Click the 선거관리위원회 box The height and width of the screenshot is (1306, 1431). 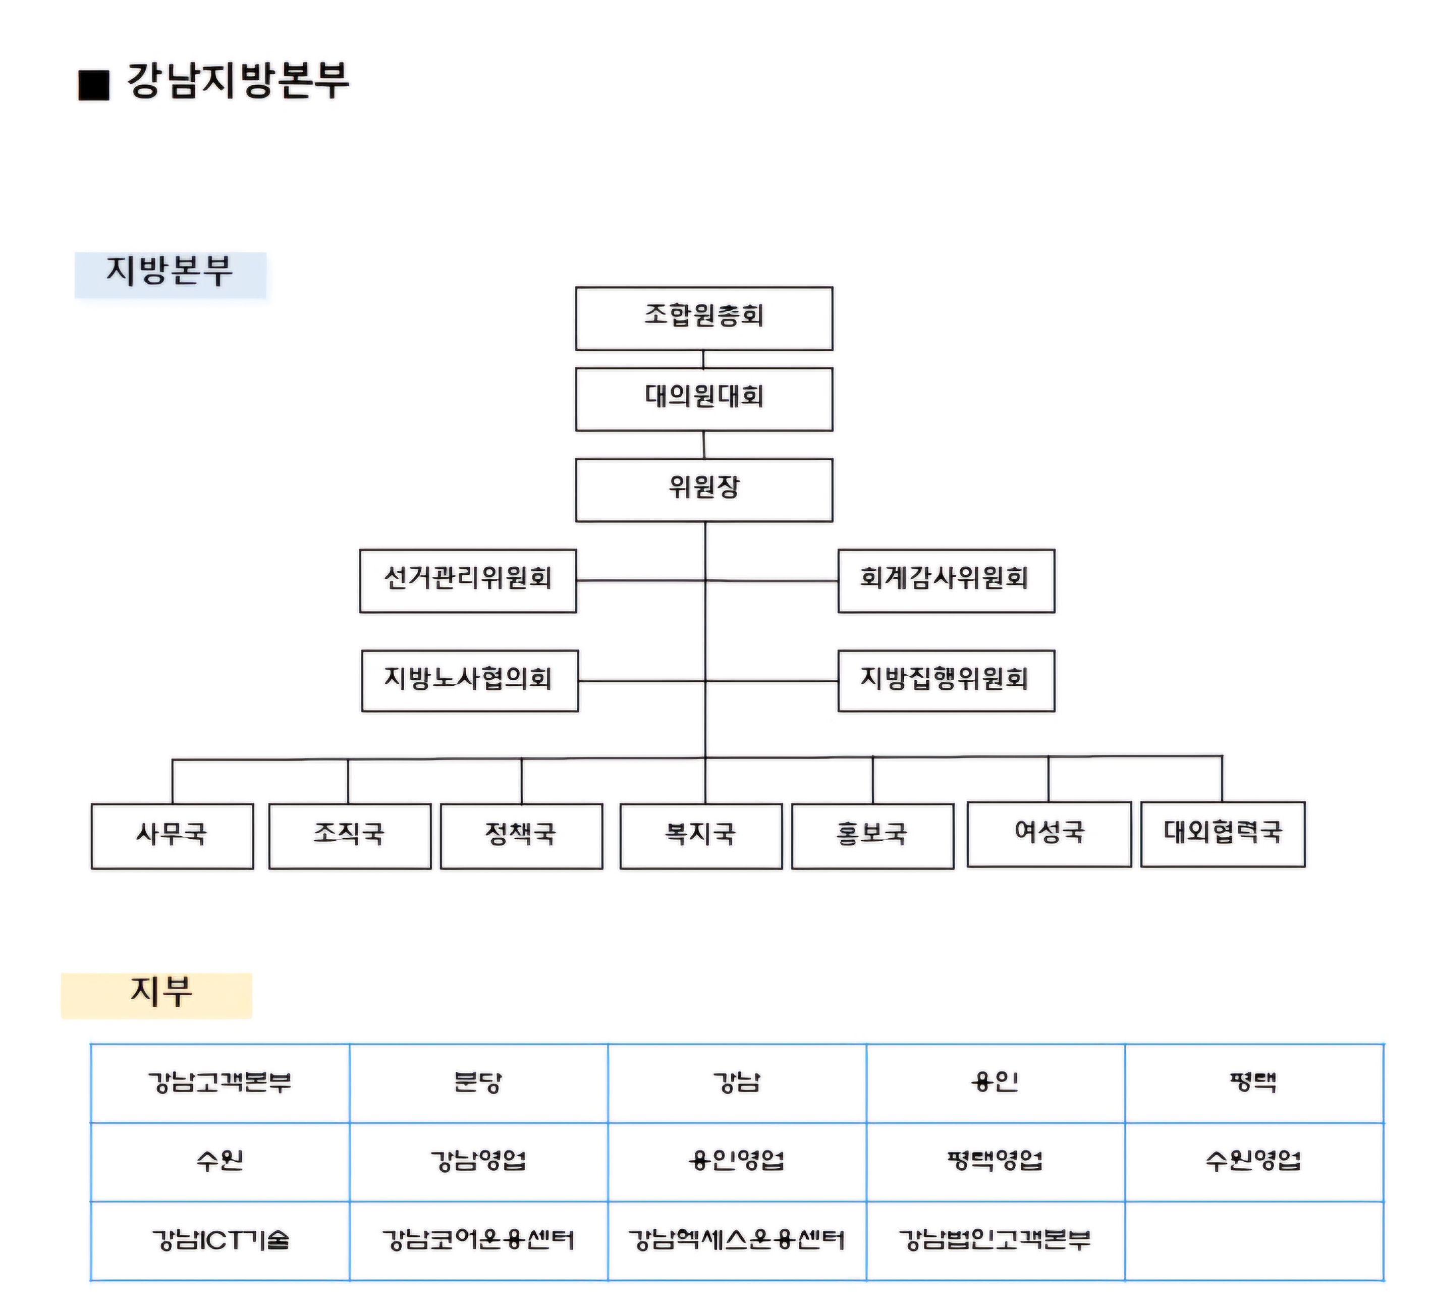tap(468, 581)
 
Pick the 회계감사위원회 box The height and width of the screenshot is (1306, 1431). tap(946, 581)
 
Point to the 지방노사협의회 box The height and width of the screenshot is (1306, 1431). tap(470, 681)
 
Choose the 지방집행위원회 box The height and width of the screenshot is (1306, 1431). tap(946, 681)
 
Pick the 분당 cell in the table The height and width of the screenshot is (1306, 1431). tap(478, 1083)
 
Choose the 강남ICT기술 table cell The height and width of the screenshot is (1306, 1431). tap(220, 1241)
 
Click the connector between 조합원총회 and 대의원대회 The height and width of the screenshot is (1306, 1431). tap(703, 359)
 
